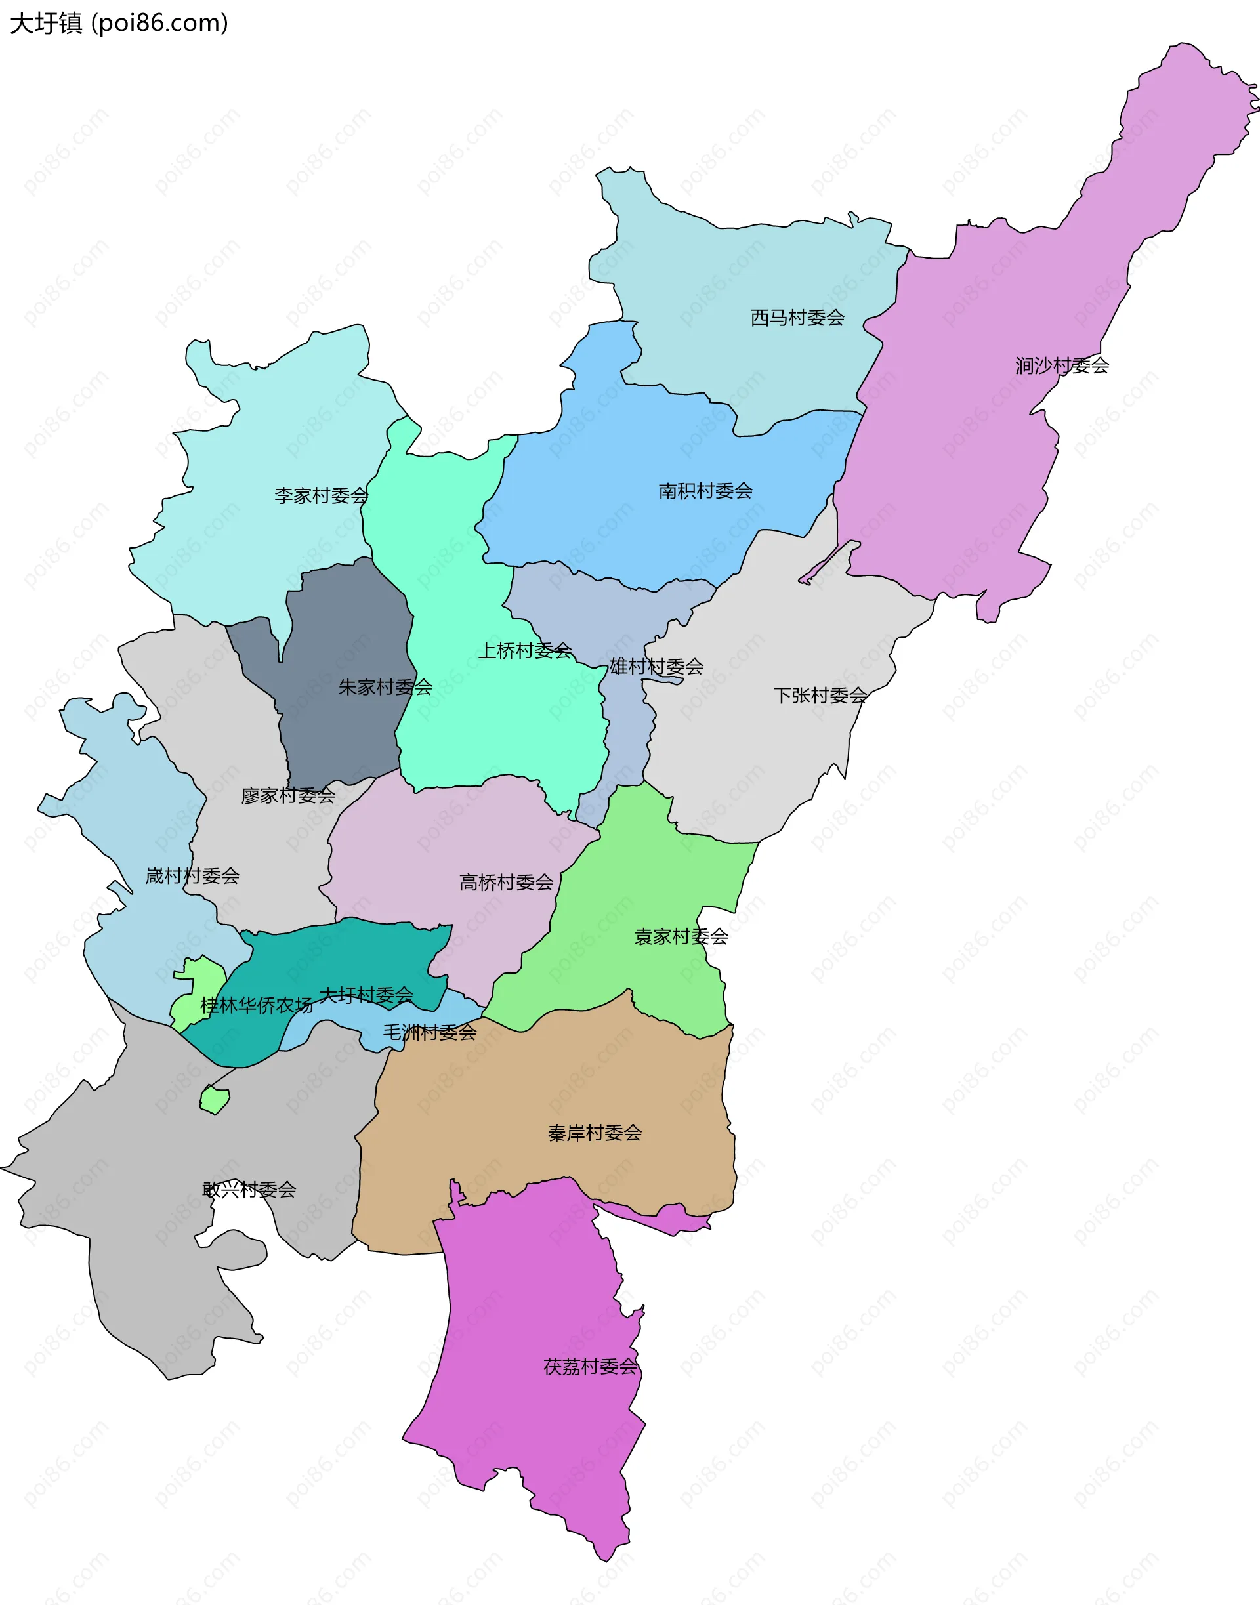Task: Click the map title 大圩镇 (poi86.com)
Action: [x=119, y=24]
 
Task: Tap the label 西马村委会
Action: [x=797, y=318]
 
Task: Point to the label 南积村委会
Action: [x=705, y=491]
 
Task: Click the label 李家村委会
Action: [x=321, y=495]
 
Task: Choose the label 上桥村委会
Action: [x=525, y=650]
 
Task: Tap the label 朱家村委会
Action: [x=385, y=688]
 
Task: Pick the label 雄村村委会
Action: [x=656, y=667]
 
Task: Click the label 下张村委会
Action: [x=820, y=696]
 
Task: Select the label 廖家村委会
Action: [x=287, y=796]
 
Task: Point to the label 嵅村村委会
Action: [x=192, y=876]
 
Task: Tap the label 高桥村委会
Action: [x=506, y=883]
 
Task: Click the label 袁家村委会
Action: [x=681, y=937]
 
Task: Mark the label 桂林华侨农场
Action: [x=256, y=1005]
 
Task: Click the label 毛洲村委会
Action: [x=429, y=1033]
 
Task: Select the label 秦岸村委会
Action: [x=595, y=1133]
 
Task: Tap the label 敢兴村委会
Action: [x=249, y=1190]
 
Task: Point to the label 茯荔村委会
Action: [x=590, y=1367]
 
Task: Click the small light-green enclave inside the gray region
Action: [x=214, y=1100]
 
